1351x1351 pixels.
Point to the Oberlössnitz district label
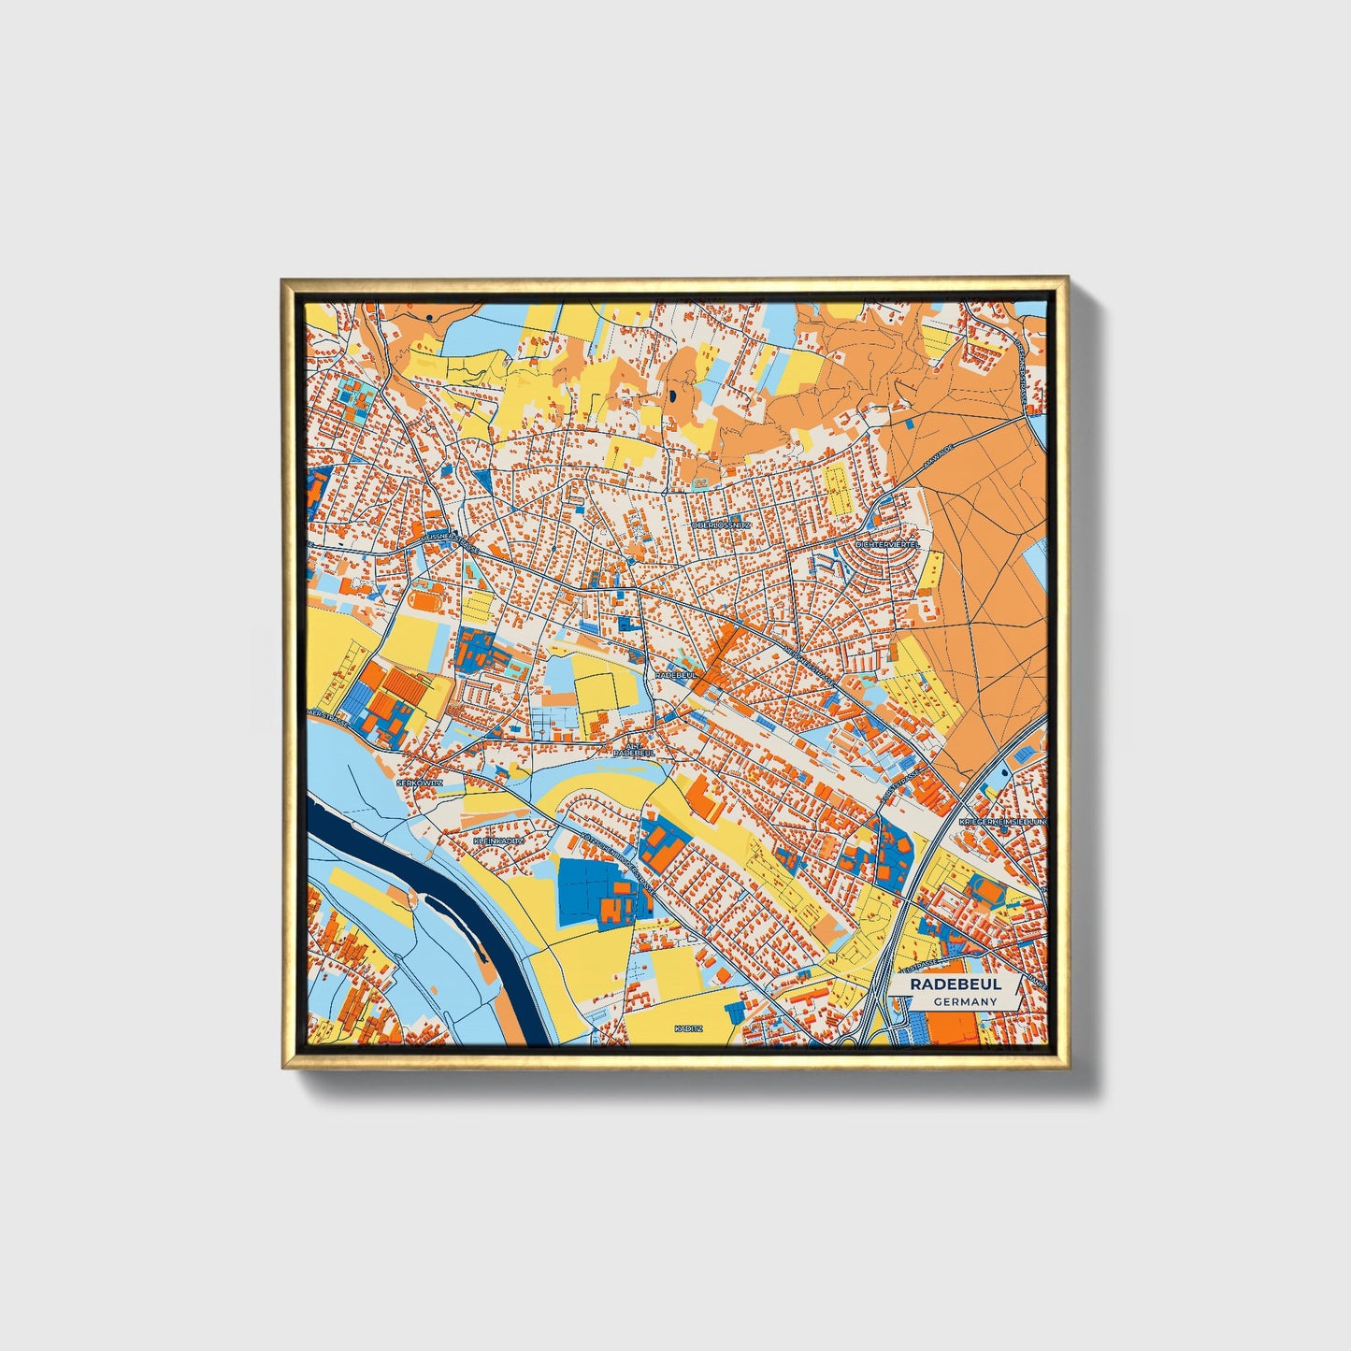[x=721, y=525]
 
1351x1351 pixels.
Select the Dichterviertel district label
[x=887, y=544]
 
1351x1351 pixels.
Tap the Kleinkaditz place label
[x=498, y=841]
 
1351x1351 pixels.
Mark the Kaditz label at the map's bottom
[x=688, y=1028]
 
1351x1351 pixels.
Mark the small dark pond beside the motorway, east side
[x=1005, y=773]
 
